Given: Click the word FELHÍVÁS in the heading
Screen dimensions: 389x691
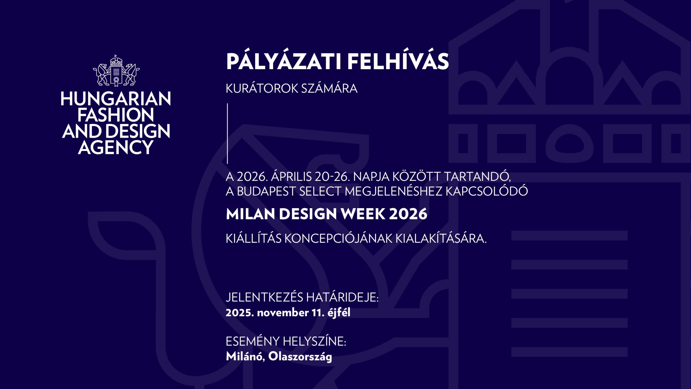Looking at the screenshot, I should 398,62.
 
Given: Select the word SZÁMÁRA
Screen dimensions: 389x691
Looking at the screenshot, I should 329,89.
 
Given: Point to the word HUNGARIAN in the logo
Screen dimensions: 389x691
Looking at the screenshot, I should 116,99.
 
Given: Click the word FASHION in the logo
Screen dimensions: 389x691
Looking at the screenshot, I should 116,115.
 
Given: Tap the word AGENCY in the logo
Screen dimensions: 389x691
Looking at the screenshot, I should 116,147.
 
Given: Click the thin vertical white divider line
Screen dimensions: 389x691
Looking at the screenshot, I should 227,133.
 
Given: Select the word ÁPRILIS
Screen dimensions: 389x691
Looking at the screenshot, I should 291,177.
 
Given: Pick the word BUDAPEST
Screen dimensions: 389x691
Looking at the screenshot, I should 266,191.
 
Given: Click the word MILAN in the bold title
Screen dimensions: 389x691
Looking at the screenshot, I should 250,214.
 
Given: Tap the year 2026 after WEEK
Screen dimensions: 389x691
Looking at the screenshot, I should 408,214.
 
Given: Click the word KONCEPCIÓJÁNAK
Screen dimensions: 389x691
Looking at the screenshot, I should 338,238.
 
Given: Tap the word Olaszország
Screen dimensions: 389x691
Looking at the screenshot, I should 300,357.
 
